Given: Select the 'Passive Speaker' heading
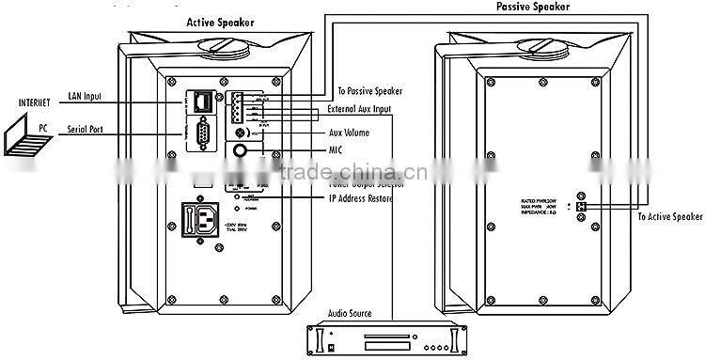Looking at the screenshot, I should (533, 7).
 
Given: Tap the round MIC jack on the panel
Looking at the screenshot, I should (243, 149).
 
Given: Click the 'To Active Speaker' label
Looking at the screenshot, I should (668, 217).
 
